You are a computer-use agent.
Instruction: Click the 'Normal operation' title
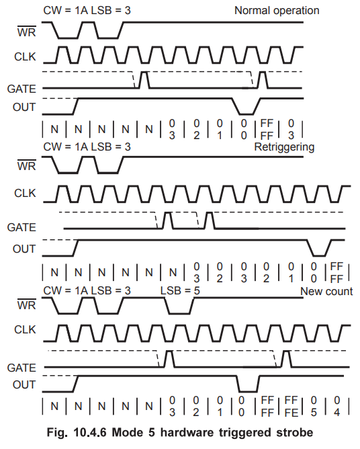277,11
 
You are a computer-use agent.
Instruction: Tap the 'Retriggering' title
284,147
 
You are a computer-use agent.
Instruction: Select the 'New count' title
326,292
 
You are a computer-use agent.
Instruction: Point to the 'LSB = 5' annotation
180,290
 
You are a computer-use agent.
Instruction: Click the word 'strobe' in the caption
294,432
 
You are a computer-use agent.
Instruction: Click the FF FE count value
291,406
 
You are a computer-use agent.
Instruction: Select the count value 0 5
314,406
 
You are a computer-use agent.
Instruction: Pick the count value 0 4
336,406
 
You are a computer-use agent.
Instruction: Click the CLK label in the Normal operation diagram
25,56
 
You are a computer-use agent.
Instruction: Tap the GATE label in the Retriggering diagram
21,228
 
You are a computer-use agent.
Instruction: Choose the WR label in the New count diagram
27,305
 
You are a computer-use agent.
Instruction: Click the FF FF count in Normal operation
267,130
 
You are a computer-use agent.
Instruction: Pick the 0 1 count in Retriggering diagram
291,272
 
